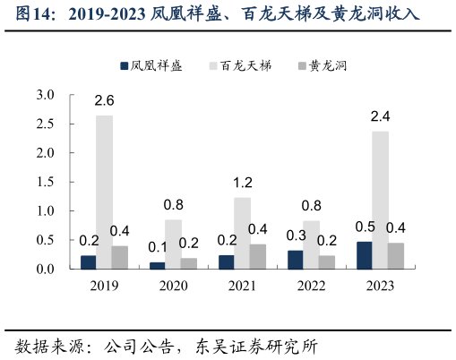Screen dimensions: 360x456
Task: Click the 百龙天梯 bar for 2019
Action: click(x=105, y=192)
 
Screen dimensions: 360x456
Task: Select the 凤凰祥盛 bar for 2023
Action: click(x=365, y=255)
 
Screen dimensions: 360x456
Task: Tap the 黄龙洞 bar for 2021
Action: click(x=258, y=256)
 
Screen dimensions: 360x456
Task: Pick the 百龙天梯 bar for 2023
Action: click(x=381, y=200)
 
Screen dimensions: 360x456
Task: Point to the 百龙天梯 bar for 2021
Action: click(x=242, y=233)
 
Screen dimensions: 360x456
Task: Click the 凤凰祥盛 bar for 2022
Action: click(x=295, y=260)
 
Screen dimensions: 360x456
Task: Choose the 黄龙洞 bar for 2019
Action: click(x=120, y=257)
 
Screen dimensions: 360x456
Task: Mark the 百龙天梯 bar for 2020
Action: click(x=173, y=244)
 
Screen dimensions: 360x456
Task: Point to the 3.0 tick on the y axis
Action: click(x=46, y=95)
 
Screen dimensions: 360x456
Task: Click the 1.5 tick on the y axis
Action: click(x=46, y=182)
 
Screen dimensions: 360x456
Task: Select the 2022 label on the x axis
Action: click(x=311, y=286)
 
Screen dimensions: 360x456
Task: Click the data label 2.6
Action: click(x=105, y=100)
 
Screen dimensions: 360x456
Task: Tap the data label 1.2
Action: click(x=243, y=183)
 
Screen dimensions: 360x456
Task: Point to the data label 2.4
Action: click(x=381, y=116)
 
